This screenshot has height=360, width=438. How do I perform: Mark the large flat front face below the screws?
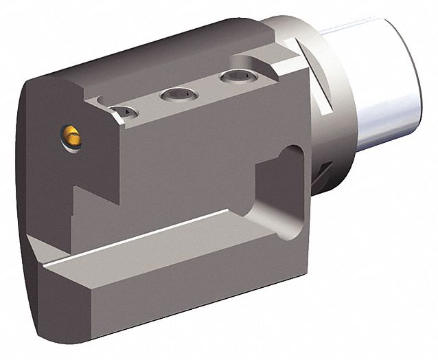pos(178,165)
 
